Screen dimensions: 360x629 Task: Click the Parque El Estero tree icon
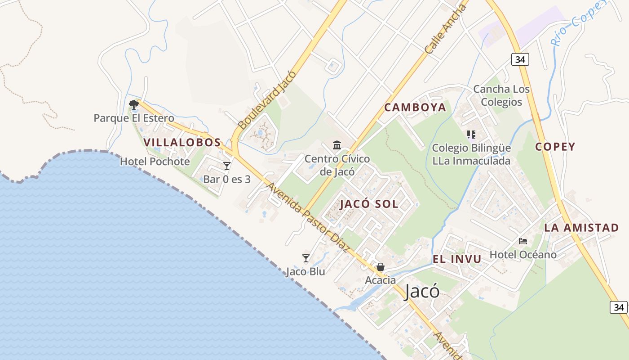click(x=133, y=105)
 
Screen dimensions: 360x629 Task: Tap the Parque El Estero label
click(x=133, y=118)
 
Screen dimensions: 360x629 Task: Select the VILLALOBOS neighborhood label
click(x=182, y=142)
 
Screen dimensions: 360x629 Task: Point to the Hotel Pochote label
click(x=155, y=161)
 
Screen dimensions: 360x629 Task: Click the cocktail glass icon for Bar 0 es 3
click(x=227, y=166)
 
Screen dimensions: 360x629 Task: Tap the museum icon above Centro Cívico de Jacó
click(x=337, y=145)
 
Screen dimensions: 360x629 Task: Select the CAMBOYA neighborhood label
click(x=415, y=107)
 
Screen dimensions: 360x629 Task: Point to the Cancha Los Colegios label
click(x=501, y=95)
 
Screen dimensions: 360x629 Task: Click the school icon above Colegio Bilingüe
click(x=471, y=135)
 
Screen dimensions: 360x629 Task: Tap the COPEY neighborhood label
click(x=555, y=147)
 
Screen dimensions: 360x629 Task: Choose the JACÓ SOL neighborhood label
click(x=369, y=204)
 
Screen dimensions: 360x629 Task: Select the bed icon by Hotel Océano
click(x=523, y=241)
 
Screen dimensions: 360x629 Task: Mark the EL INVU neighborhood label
click(x=457, y=259)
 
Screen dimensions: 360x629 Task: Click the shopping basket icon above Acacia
click(x=381, y=267)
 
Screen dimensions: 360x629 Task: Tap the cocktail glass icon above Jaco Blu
click(x=306, y=258)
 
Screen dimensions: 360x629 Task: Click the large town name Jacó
click(x=422, y=292)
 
